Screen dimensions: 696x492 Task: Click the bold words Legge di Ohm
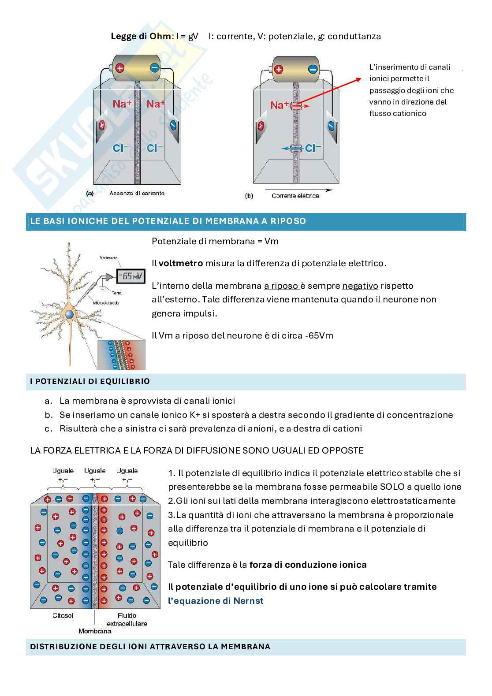pyautogui.click(x=140, y=37)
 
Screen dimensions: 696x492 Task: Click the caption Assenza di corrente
pyautogui.click(x=137, y=193)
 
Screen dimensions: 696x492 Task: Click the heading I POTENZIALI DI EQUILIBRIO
pyautogui.click(x=90, y=381)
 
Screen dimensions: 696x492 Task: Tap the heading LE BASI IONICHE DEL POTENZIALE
pyautogui.click(x=168, y=221)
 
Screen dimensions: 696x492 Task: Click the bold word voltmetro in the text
pyautogui.click(x=181, y=264)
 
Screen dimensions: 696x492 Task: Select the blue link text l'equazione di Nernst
pyautogui.click(x=216, y=601)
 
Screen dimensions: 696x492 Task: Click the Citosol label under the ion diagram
pyautogui.click(x=63, y=615)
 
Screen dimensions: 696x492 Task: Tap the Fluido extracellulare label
pyautogui.click(x=127, y=619)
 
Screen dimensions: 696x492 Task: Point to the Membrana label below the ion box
pyautogui.click(x=95, y=631)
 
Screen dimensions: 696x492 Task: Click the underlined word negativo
pyautogui.click(x=360, y=286)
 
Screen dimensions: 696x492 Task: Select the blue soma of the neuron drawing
pyautogui.click(x=70, y=314)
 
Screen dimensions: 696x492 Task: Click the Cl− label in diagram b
pyautogui.click(x=312, y=148)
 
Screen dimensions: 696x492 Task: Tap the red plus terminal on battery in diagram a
pyautogui.click(x=119, y=68)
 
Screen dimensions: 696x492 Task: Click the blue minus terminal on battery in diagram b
pyautogui.click(x=313, y=69)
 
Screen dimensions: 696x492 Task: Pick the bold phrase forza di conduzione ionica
pyautogui.click(x=308, y=565)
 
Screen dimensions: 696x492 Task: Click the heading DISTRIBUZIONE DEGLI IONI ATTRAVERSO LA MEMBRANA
pyautogui.click(x=150, y=647)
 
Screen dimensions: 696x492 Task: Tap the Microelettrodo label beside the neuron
pyautogui.click(x=106, y=303)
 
